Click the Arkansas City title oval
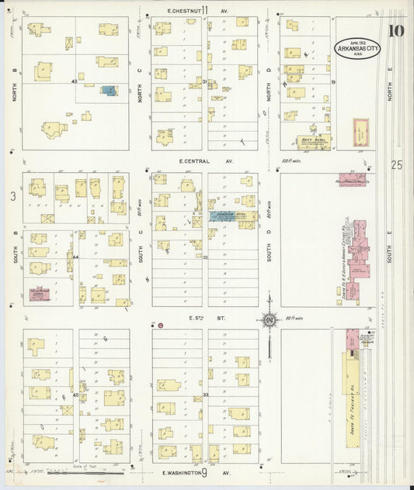coord(357,49)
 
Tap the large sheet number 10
coord(396,31)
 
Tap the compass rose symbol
coord(270,319)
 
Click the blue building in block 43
coord(110,91)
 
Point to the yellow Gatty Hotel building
coord(314,142)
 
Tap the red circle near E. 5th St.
coord(160,326)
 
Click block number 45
coord(75,395)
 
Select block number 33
coord(206,395)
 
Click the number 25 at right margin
coord(397,164)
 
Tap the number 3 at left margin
coord(13,197)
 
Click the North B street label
coord(13,78)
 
